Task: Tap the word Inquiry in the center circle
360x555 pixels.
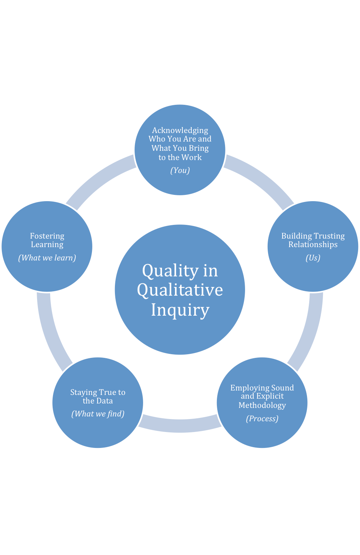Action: [180, 310]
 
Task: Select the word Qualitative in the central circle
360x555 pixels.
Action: [180, 290]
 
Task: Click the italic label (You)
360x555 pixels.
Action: [180, 170]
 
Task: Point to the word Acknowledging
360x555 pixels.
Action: [180, 130]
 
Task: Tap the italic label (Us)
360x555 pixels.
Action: [313, 258]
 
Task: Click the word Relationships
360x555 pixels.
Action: [313, 245]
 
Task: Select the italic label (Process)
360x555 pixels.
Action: [262, 419]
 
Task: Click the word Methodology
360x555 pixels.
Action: [262, 405]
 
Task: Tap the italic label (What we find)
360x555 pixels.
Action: [98, 414]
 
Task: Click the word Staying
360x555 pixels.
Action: [83, 392]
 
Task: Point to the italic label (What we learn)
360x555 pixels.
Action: [47, 258]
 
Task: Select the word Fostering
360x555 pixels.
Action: [47, 236]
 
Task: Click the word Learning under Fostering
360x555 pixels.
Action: [47, 245]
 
